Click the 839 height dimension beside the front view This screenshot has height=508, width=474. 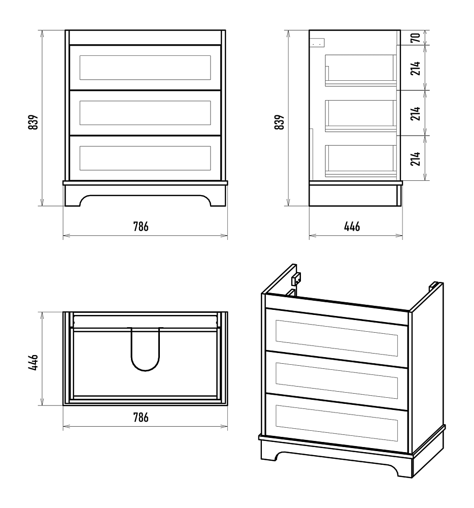pyautogui.click(x=33, y=122)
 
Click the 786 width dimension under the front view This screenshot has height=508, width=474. pyautogui.click(x=141, y=227)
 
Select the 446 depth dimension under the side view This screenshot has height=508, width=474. pyautogui.click(x=352, y=227)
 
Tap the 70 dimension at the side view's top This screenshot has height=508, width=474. pyautogui.click(x=416, y=38)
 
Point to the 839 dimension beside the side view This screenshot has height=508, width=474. pyautogui.click(x=279, y=122)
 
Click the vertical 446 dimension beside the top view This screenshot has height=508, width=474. pyautogui.click(x=33, y=362)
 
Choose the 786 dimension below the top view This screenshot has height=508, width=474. pyautogui.click(x=141, y=417)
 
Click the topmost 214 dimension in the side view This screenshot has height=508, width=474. pyautogui.click(x=416, y=68)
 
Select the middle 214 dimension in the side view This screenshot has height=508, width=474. pyautogui.click(x=416, y=113)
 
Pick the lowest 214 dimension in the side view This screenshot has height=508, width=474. pyautogui.click(x=416, y=158)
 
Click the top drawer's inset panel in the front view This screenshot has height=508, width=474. pyautogui.click(x=145, y=68)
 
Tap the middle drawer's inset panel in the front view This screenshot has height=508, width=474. pyautogui.click(x=145, y=113)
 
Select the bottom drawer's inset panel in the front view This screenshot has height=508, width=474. pyautogui.click(x=145, y=158)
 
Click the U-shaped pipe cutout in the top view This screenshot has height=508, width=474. pyautogui.click(x=145, y=370)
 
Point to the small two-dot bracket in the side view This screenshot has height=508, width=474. pyautogui.click(x=317, y=43)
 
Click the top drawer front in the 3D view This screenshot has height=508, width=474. pyautogui.click(x=336, y=338)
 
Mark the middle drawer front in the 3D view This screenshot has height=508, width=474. pyautogui.click(x=336, y=380)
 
